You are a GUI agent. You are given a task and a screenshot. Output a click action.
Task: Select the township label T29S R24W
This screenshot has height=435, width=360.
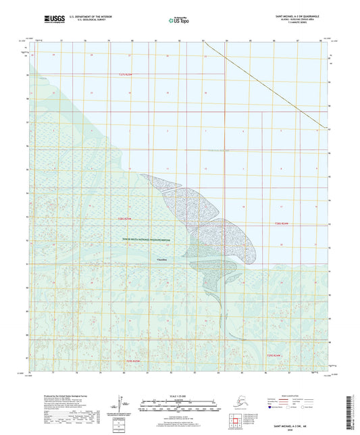coord(272,355)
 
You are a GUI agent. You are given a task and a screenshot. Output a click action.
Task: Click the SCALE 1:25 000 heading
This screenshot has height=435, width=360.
coord(180,394)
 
